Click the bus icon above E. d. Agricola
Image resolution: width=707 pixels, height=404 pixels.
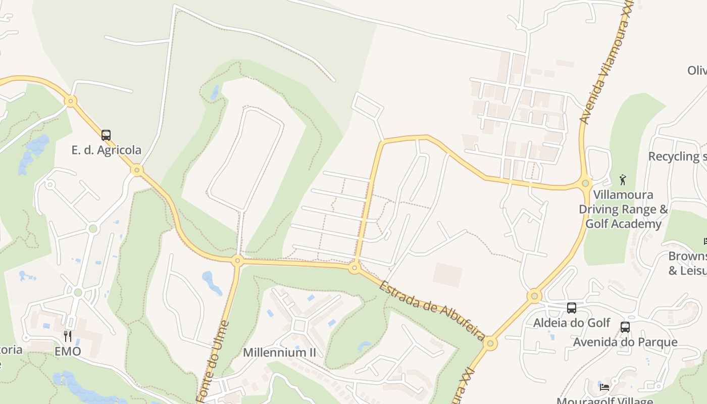pyautogui.click(x=106, y=135)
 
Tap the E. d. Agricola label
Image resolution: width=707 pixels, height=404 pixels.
pyautogui.click(x=107, y=150)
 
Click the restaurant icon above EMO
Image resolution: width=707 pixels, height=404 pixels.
pyautogui.click(x=68, y=336)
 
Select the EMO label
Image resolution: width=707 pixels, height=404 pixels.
pyautogui.click(x=68, y=351)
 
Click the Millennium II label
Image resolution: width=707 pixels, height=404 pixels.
pyautogui.click(x=279, y=352)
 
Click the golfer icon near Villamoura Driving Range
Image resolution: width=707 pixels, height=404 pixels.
pyautogui.click(x=623, y=179)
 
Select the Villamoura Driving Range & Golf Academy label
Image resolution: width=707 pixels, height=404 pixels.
pyautogui.click(x=623, y=209)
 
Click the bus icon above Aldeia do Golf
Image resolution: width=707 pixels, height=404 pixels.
pyautogui.click(x=572, y=308)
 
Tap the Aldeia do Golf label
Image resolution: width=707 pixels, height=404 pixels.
pyautogui.click(x=572, y=323)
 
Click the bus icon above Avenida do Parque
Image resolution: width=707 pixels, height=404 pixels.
pyautogui.click(x=625, y=327)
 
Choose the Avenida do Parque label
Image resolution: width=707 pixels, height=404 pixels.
pyautogui.click(x=625, y=342)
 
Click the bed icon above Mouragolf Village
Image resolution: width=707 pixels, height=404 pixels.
pyautogui.click(x=604, y=387)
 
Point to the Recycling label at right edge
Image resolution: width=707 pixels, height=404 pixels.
pyautogui.click(x=677, y=157)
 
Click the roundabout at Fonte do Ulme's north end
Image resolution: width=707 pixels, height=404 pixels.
pyautogui.click(x=237, y=261)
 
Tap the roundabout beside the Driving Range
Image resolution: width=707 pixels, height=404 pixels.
pyautogui.click(x=586, y=183)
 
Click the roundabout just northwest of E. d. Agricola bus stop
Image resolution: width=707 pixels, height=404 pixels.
pyautogui.click(x=71, y=102)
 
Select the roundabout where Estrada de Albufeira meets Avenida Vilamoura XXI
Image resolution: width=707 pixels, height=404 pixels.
pyautogui.click(x=490, y=344)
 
